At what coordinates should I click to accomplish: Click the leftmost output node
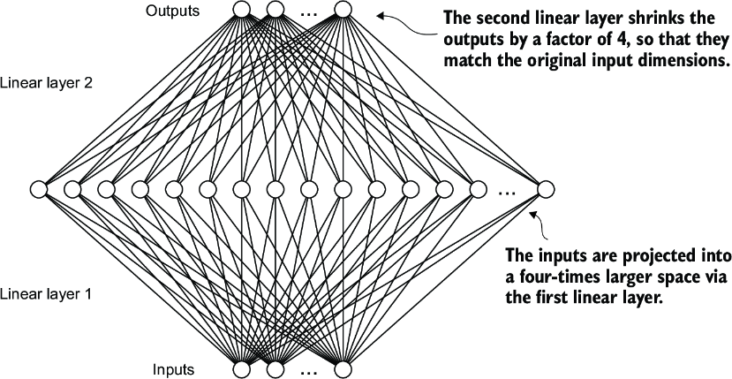click(241, 11)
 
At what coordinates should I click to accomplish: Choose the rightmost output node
click(343, 11)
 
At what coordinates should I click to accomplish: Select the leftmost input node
click(241, 368)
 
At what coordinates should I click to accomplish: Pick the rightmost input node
click(343, 368)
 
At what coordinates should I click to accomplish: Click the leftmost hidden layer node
click(38, 188)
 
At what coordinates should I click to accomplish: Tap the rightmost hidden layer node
click(546, 188)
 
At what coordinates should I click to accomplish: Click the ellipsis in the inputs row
click(309, 372)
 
